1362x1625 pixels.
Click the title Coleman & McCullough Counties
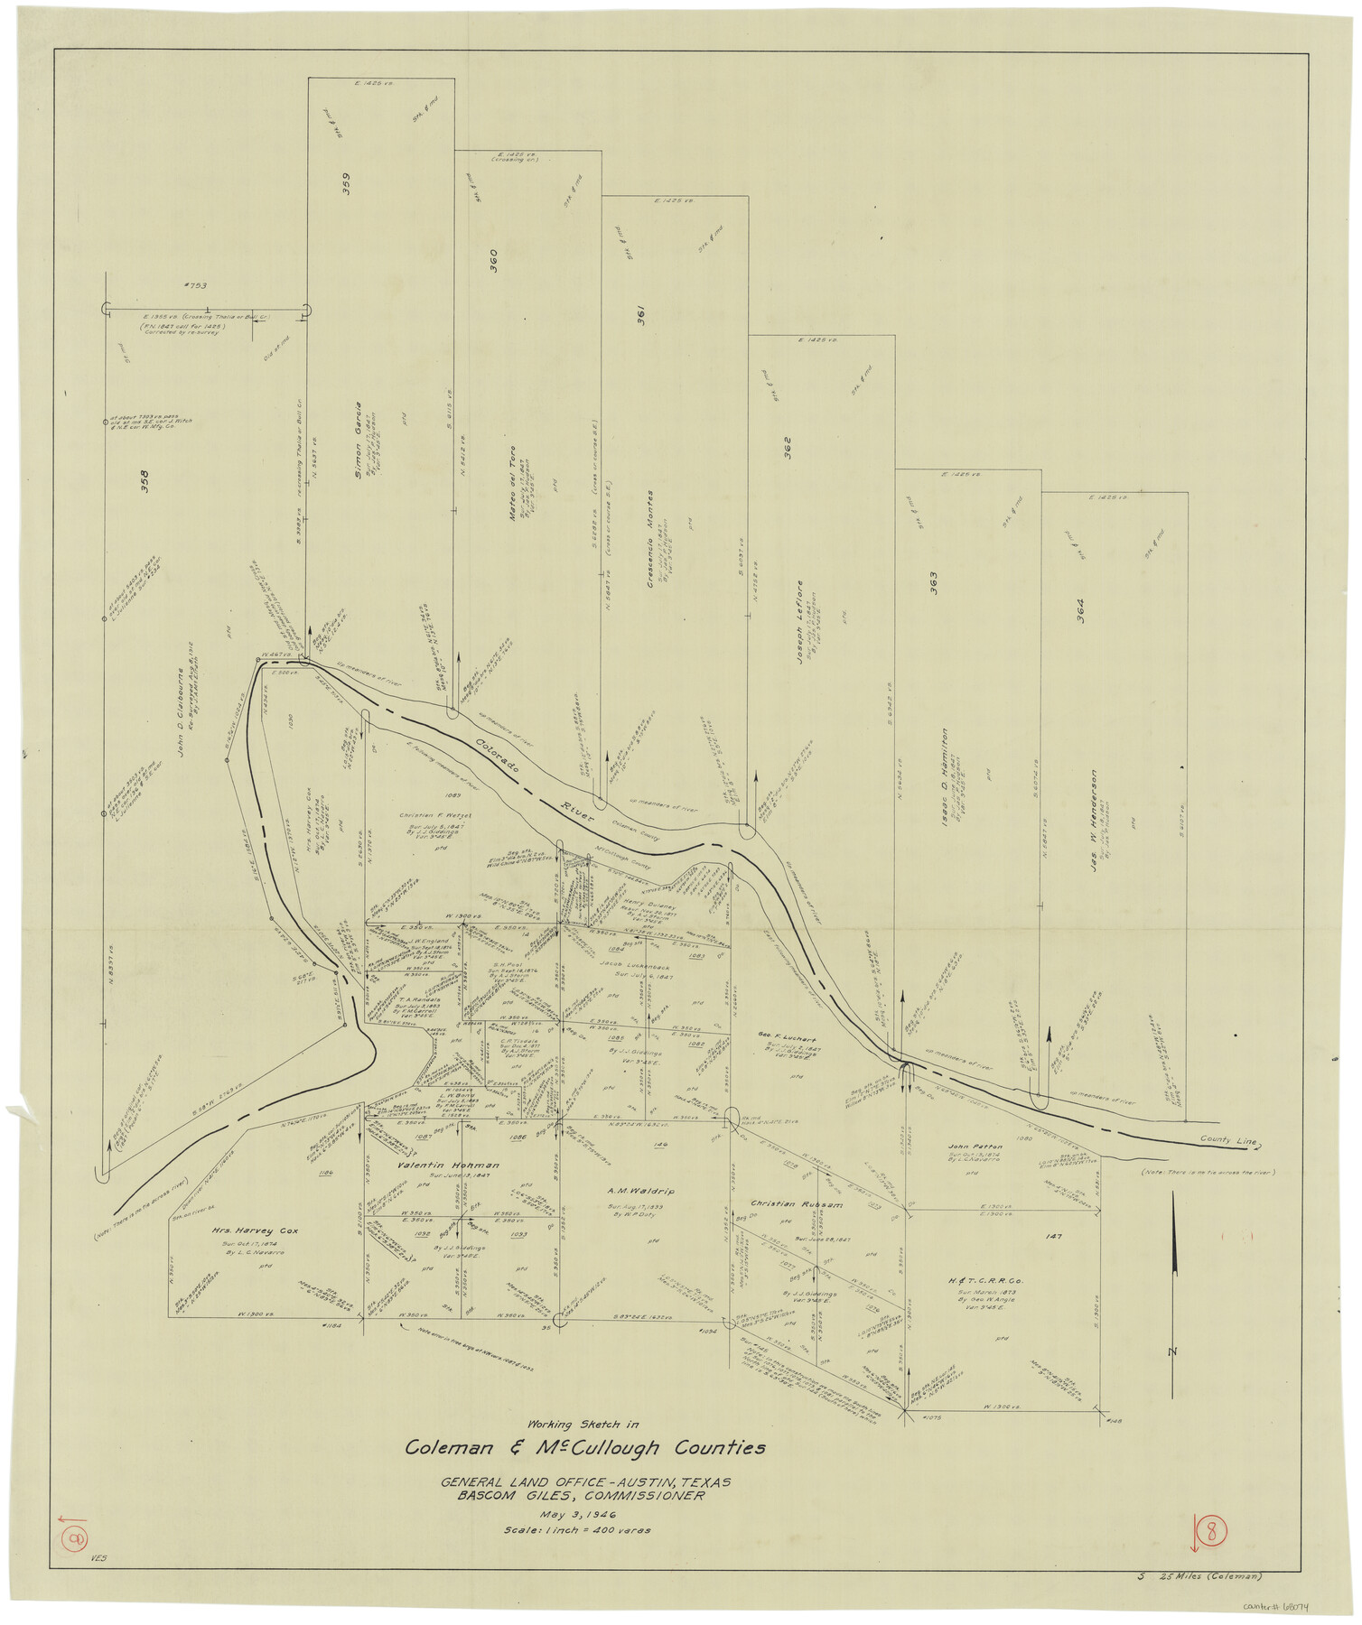tap(585, 1448)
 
